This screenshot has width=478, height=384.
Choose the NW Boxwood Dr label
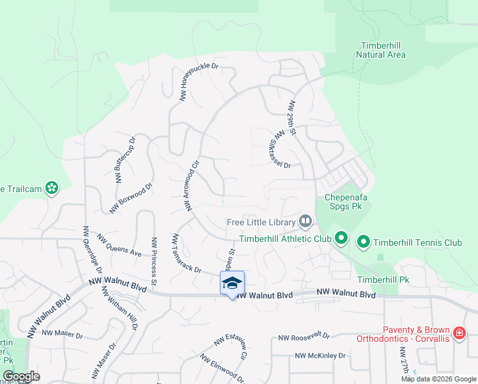(131, 198)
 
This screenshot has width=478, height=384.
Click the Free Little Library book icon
(305, 222)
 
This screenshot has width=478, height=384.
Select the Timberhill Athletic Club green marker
(341, 239)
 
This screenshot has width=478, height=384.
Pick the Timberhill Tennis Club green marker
(364, 242)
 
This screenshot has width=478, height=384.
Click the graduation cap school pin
(232, 283)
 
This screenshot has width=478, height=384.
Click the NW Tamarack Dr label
(186, 252)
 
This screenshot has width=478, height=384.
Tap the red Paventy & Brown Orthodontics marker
(458, 333)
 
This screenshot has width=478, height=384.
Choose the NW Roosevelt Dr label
(304, 336)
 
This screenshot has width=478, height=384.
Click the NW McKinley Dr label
(316, 355)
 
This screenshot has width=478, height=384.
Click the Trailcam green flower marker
(52, 188)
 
